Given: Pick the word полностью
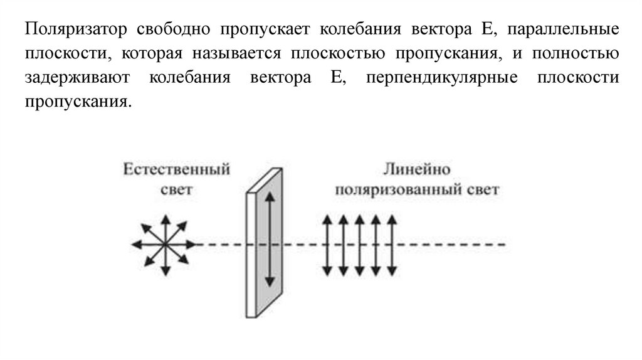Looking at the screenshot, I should [x=576, y=55].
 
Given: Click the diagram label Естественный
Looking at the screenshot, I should [x=176, y=171].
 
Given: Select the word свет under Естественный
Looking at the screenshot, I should [x=176, y=189].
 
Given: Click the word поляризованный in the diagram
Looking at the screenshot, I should [x=396, y=189].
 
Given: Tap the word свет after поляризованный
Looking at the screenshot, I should [x=480, y=189].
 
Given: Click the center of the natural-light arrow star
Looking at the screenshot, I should [x=166, y=244].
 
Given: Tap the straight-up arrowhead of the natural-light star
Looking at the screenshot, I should [x=166, y=218].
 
